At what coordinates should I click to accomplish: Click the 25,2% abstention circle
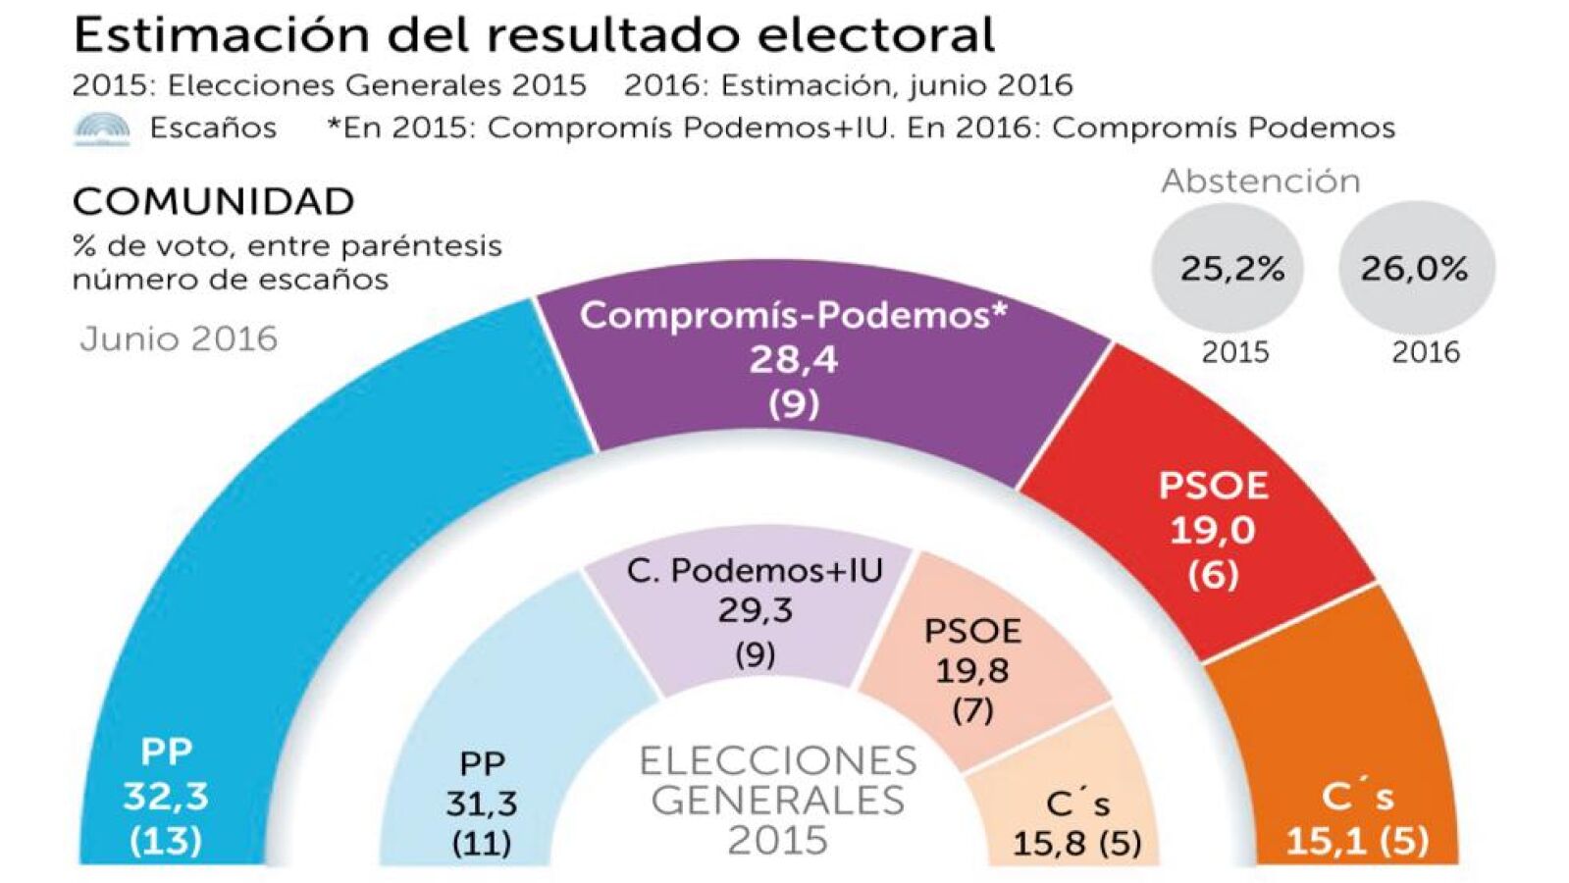(1230, 268)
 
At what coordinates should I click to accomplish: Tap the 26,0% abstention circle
(1414, 268)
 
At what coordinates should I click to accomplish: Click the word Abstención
(1261, 182)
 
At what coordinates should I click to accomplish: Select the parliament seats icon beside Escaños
(102, 129)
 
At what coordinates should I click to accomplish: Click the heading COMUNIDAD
(213, 201)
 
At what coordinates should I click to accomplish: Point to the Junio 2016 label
(179, 339)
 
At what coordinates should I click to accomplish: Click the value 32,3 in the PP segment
(165, 796)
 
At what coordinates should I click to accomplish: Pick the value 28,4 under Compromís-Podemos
(793, 360)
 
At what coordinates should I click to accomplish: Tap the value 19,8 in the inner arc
(971, 670)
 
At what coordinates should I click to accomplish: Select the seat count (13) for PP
(165, 840)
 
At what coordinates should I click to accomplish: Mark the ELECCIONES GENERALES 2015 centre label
(778, 800)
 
